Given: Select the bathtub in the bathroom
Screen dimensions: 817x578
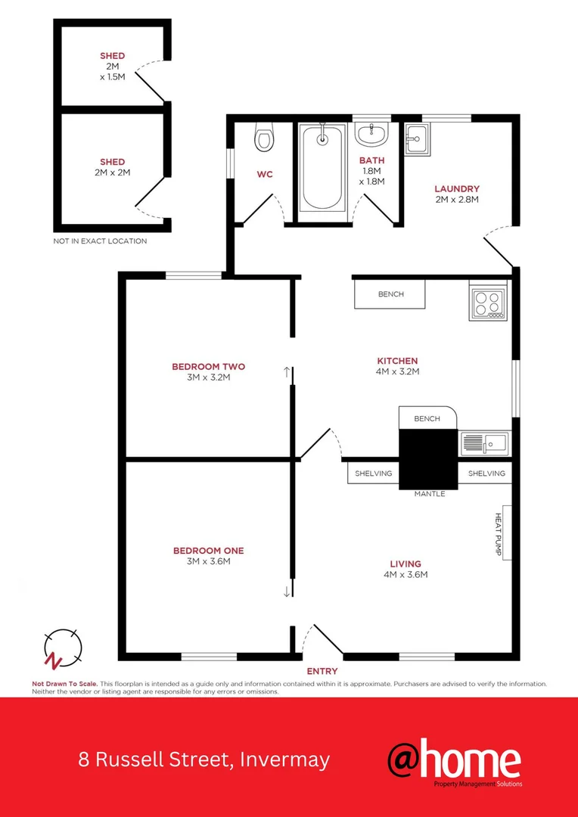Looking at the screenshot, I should (x=322, y=168).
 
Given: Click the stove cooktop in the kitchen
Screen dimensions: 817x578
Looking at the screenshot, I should (x=487, y=303).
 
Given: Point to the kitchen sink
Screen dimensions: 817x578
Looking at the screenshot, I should (x=484, y=443).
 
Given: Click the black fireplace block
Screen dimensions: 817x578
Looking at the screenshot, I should (x=428, y=458).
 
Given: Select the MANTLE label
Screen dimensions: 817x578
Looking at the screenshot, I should (x=429, y=494).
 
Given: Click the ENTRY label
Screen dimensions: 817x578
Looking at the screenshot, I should (x=322, y=671).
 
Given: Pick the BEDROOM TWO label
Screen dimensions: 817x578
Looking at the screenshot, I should (x=208, y=367).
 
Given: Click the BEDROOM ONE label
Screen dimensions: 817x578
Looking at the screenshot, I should (x=208, y=551).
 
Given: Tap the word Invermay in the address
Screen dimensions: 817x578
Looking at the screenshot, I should (x=284, y=760).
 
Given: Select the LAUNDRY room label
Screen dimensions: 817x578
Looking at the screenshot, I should (x=456, y=189).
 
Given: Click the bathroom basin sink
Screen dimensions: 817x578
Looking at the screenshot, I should (x=371, y=136).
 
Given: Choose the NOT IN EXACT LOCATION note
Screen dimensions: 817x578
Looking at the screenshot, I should (x=100, y=241).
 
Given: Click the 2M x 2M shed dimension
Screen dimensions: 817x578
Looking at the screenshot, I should (x=112, y=172).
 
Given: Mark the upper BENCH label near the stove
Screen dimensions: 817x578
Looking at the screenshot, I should (x=391, y=294).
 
